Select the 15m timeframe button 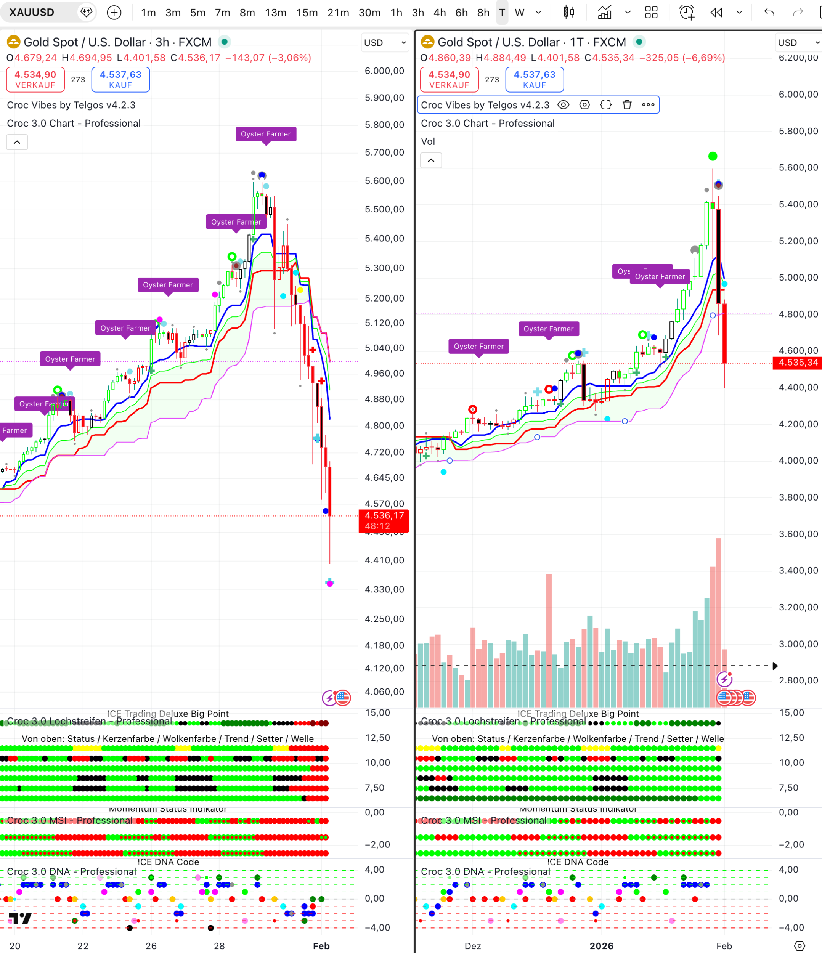pyautogui.click(x=307, y=13)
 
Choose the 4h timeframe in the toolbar pyautogui.click(x=439, y=13)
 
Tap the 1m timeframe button pyautogui.click(x=148, y=13)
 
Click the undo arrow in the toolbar pyautogui.click(x=769, y=13)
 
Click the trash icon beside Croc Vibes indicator pyautogui.click(x=626, y=105)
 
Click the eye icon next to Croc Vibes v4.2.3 pyautogui.click(x=563, y=105)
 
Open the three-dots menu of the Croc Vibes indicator pyautogui.click(x=648, y=105)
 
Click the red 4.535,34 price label pyautogui.click(x=798, y=363)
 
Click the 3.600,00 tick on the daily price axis pyautogui.click(x=798, y=534)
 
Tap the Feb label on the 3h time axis pyautogui.click(x=321, y=946)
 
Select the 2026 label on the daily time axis pyautogui.click(x=601, y=946)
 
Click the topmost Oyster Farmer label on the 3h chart pyautogui.click(x=266, y=134)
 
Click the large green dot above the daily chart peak pyautogui.click(x=713, y=156)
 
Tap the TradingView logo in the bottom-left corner pyautogui.click(x=20, y=919)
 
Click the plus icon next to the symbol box pyautogui.click(x=114, y=13)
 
